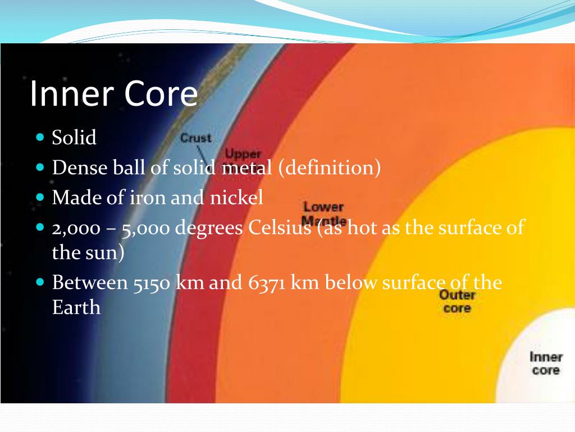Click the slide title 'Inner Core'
click(x=113, y=94)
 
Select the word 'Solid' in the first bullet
click(x=74, y=137)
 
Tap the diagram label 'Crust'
click(x=195, y=138)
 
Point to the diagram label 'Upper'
click(x=243, y=154)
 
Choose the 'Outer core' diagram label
click(x=457, y=301)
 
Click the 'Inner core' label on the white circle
click(x=546, y=363)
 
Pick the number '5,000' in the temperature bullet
click(x=142, y=228)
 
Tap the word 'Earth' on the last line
click(x=76, y=308)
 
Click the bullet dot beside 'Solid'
click(x=40, y=137)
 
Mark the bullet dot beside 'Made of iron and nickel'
click(x=40, y=197)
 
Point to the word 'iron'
click(x=176, y=198)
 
